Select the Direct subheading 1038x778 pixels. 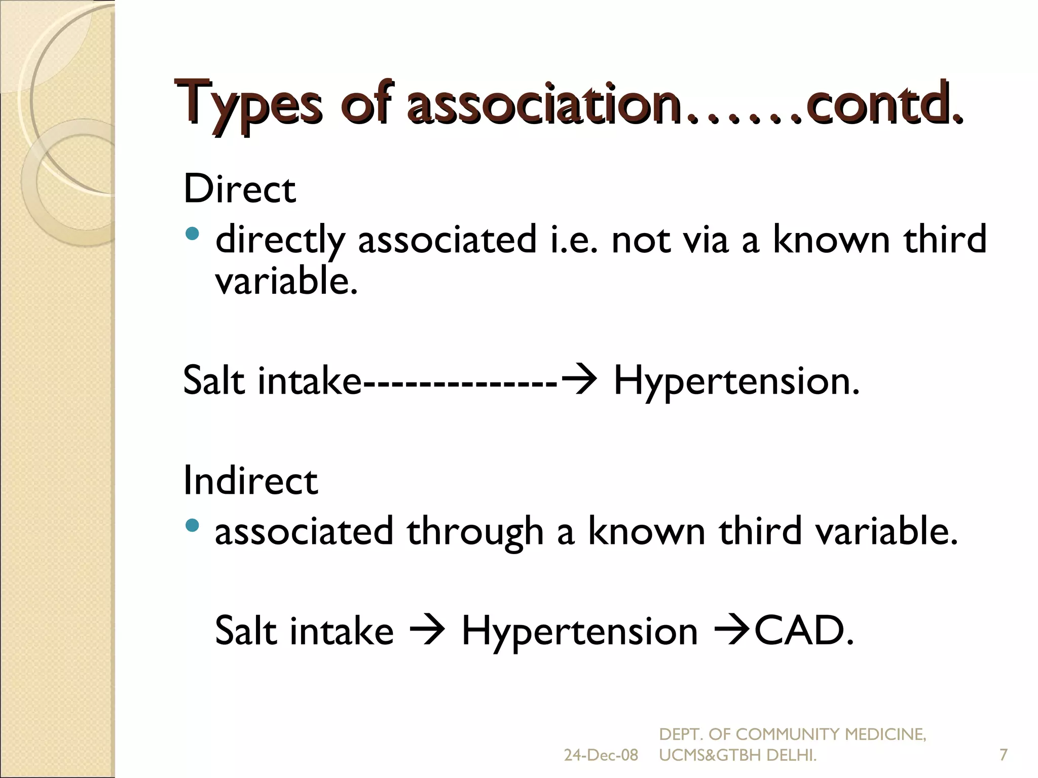[x=239, y=189]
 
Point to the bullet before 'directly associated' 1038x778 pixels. [x=193, y=234]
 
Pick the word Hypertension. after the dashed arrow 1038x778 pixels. [x=736, y=381]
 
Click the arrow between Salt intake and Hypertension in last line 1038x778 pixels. [x=427, y=631]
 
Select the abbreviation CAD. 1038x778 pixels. [x=804, y=631]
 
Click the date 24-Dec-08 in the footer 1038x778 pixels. [x=601, y=755]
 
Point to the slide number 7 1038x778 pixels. [x=1003, y=755]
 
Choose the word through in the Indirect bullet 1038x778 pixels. [x=475, y=532]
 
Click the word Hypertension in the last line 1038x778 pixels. [x=580, y=632]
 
